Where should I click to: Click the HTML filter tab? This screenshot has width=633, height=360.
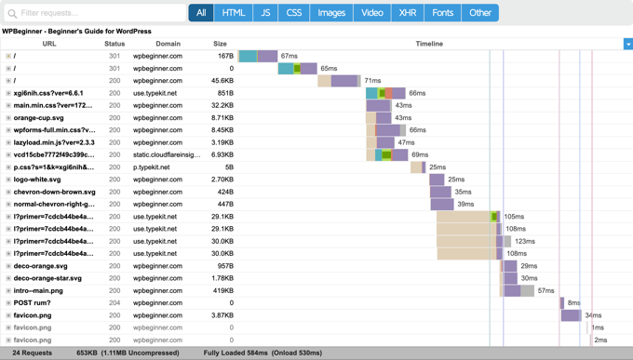[234, 13]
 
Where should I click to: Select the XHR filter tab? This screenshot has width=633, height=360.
[408, 13]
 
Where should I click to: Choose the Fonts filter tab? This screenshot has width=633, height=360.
[443, 13]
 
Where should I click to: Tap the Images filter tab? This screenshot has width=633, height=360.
[331, 13]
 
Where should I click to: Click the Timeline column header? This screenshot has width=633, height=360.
[429, 44]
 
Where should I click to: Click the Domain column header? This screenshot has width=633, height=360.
[168, 44]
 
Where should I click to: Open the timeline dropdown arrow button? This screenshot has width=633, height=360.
[627, 44]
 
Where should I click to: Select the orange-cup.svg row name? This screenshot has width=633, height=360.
[39, 118]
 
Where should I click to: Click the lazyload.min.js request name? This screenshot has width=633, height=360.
[54, 142]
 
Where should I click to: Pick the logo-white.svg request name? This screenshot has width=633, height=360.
[37, 180]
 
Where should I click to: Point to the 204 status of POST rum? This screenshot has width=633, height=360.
[114, 302]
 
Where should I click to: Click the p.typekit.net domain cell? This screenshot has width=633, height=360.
[152, 167]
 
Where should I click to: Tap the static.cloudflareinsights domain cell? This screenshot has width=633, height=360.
[167, 155]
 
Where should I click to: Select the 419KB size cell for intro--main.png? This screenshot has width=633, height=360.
[222, 290]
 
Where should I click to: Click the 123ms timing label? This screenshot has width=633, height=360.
[525, 241]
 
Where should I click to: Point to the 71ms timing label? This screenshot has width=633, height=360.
[372, 81]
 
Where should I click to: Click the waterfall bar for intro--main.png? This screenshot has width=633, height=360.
[518, 290]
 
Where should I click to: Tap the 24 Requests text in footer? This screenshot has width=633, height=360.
[33, 353]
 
